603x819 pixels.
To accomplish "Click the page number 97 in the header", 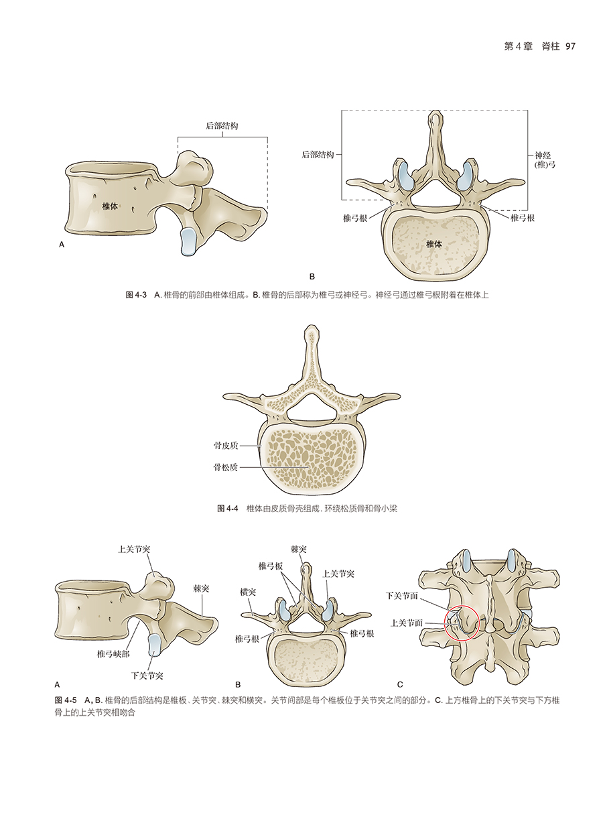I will pyautogui.click(x=571, y=46).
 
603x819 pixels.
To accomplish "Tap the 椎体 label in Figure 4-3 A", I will pyautogui.click(x=110, y=207).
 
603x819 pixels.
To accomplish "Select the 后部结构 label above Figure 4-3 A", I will pyautogui.click(x=222, y=126).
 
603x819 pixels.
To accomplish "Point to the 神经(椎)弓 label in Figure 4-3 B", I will pyautogui.click(x=541, y=159).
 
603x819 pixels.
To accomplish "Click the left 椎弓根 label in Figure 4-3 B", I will pyautogui.click(x=354, y=218).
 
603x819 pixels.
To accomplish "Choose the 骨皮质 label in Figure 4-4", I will pyautogui.click(x=225, y=445).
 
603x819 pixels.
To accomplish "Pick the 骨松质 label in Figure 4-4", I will pyautogui.click(x=225, y=467).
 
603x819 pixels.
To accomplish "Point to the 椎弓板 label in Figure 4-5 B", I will pyautogui.click(x=271, y=566).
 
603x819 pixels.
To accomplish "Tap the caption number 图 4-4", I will pyautogui.click(x=228, y=509).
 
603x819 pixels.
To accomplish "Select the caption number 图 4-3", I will pyautogui.click(x=136, y=295).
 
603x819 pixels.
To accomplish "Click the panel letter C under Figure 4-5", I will pyautogui.click(x=400, y=685).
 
